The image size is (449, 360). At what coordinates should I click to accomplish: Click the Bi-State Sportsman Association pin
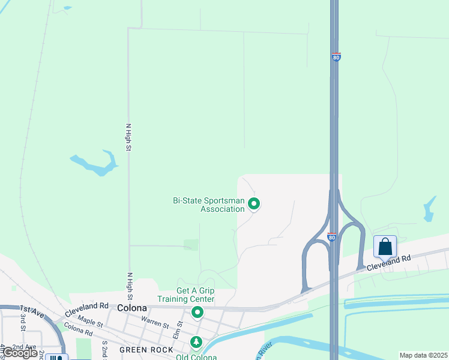coord(254,205)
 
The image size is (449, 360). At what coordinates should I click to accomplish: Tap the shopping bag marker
coord(385,247)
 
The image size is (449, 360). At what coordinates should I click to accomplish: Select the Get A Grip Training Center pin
coord(197,312)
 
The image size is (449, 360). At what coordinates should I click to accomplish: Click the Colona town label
coord(133,308)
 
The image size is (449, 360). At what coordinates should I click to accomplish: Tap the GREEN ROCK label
coord(146,350)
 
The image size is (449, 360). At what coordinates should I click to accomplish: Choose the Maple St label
coord(91,322)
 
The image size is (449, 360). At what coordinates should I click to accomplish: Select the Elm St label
coord(178,327)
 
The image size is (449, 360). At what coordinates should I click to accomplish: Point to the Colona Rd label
coord(78,331)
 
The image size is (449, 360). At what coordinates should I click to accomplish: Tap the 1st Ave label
coord(32,311)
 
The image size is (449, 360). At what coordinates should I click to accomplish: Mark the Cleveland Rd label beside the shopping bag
coord(389,262)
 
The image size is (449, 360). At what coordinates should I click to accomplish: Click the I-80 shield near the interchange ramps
coord(331,237)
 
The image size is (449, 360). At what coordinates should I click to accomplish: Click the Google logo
coord(20,353)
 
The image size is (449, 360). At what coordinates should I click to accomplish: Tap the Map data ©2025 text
coord(423,355)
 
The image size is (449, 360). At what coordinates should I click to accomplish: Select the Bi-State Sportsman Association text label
coord(208,205)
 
